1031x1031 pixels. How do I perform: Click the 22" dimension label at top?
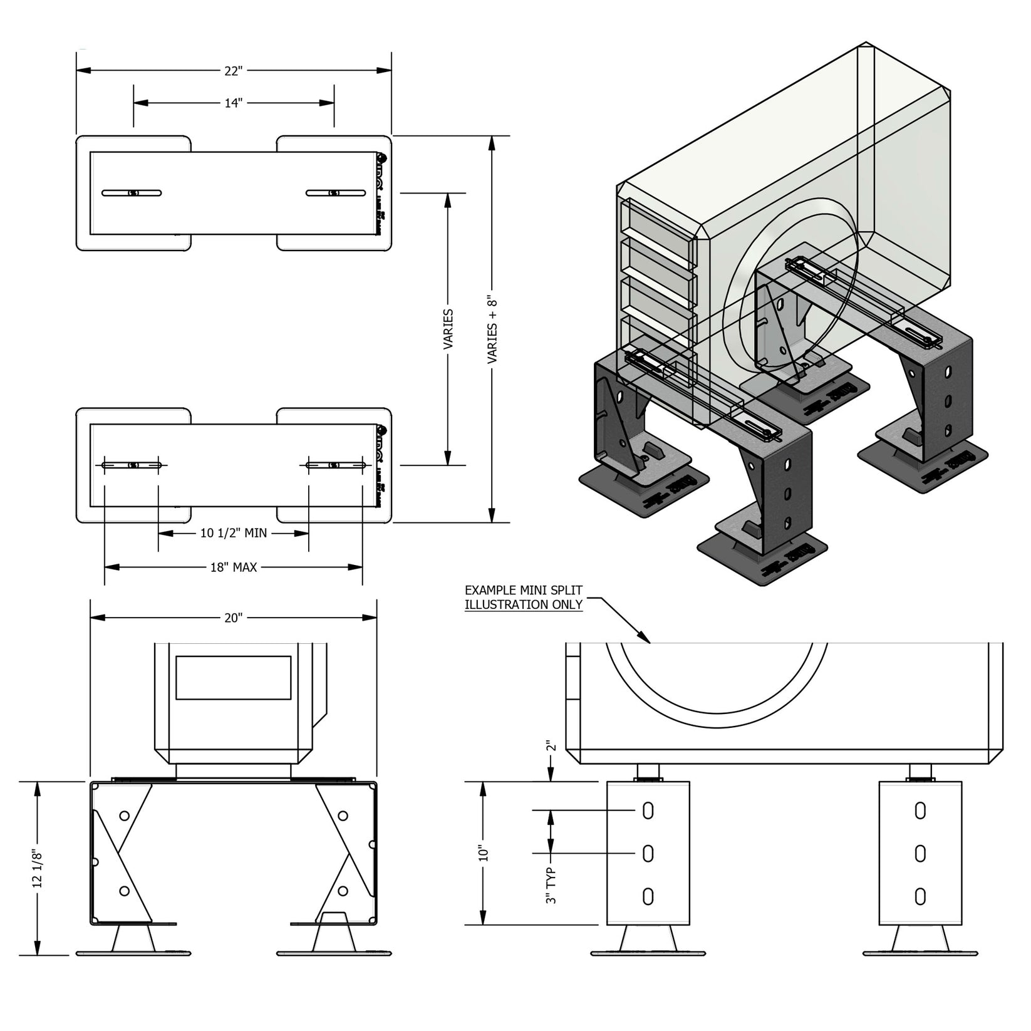click(x=232, y=71)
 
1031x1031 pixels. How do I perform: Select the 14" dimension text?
click(x=233, y=103)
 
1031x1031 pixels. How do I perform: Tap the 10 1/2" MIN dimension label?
click(x=234, y=533)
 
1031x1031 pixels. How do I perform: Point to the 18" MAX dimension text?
click(x=233, y=567)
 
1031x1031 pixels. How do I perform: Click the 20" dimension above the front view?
click(x=232, y=618)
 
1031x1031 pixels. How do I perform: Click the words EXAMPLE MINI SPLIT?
click(x=524, y=591)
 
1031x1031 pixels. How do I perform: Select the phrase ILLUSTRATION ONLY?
click(x=524, y=605)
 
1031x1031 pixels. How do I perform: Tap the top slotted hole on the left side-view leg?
click(x=648, y=811)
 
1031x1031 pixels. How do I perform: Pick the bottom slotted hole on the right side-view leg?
click(x=920, y=896)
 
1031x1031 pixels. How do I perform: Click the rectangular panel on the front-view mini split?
click(x=233, y=678)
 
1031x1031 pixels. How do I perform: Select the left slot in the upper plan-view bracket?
click(x=132, y=193)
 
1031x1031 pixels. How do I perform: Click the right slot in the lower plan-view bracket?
click(x=335, y=465)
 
